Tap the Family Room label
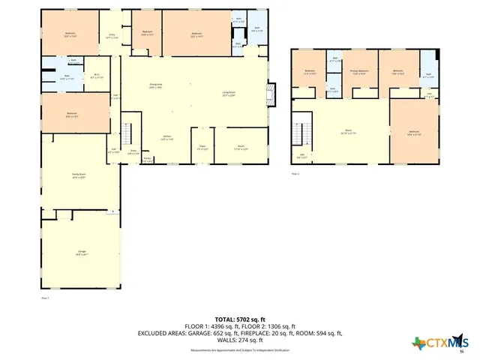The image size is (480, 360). tap(79, 175)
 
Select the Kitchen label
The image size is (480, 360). tap(167, 137)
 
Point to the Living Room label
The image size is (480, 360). tap(229, 94)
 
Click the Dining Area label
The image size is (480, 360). tap(157, 86)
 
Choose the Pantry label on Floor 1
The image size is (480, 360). tap(147, 159)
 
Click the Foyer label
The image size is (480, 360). tap(202, 147)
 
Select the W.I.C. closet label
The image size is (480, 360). tap(97, 76)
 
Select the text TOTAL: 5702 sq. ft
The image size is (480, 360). tap(239, 318)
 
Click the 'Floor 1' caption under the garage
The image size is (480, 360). tap(45, 298)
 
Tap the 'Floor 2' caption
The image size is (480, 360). tap(295, 174)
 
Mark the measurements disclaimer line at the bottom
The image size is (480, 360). tap(239, 350)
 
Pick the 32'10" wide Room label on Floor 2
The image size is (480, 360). tap(348, 132)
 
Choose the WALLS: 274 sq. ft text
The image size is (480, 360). tap(239, 340)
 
